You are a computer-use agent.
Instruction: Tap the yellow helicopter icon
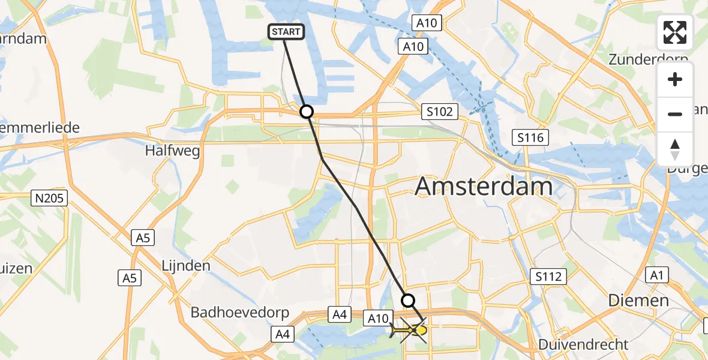410,330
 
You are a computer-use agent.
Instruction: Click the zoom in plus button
675,79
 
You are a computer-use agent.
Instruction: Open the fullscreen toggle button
675,32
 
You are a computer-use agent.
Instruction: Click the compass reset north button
675,149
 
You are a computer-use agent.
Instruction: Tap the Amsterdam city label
484,187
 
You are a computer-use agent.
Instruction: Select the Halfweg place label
164,151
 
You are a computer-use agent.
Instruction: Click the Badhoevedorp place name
240,313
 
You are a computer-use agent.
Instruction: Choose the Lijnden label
185,265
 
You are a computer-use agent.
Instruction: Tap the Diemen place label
638,300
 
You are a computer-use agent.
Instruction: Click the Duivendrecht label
583,344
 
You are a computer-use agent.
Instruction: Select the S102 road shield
440,111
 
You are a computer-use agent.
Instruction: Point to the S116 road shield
530,138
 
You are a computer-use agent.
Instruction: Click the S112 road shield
548,277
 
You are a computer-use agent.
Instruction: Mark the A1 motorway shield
656,275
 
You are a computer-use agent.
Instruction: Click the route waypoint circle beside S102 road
307,112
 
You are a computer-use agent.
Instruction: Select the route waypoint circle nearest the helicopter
408,300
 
